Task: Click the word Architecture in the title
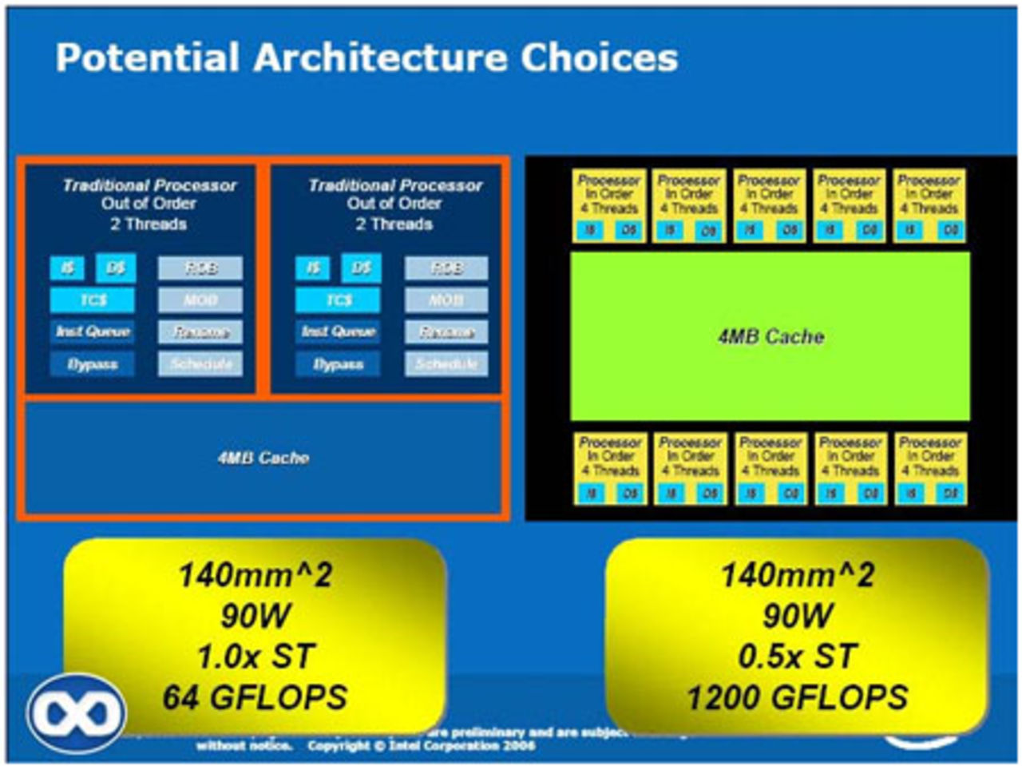point(378,58)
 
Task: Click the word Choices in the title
point(599,58)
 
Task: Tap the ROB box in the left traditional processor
point(200,268)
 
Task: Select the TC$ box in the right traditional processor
point(338,300)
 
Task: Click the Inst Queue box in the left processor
point(93,331)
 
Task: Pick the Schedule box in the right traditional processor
point(446,364)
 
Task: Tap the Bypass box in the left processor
point(93,364)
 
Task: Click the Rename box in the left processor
point(200,332)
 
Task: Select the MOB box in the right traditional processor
point(446,300)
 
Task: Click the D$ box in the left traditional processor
point(116,268)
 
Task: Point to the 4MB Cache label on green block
point(770,336)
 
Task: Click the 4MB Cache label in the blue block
point(263,458)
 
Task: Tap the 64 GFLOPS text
point(255,697)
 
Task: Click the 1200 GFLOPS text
point(797,697)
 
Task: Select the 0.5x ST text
point(797,657)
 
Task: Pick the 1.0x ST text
point(255,657)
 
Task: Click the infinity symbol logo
point(76,713)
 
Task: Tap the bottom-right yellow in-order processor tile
point(930,468)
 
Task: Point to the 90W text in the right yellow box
point(797,615)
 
